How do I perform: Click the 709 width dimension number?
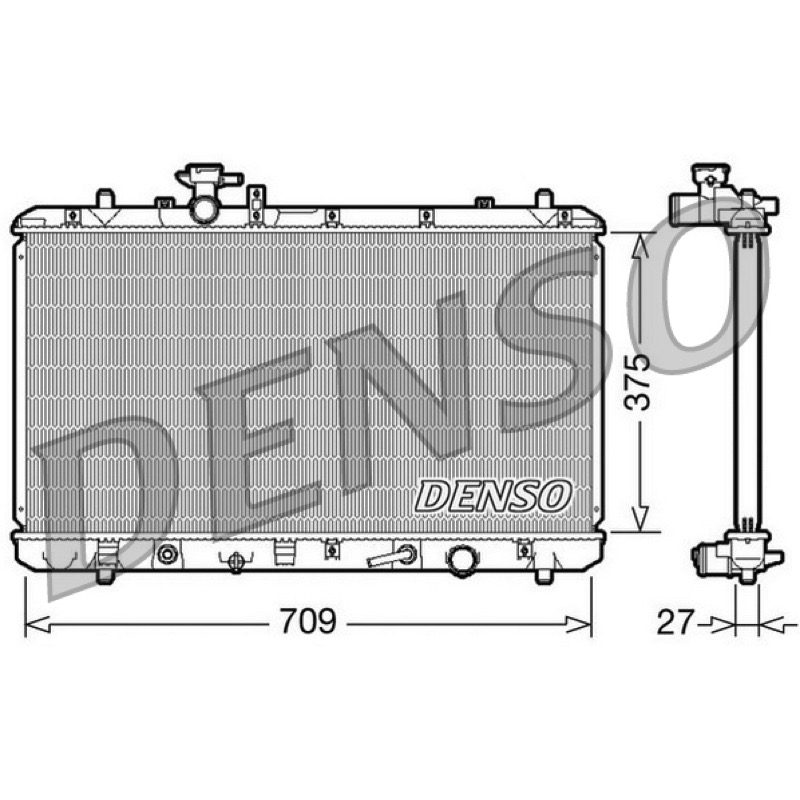click(309, 621)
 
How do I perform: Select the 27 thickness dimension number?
click(677, 622)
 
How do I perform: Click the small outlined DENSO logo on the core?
click(493, 495)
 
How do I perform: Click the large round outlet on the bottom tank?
click(462, 561)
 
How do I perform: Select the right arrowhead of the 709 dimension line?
click(579, 624)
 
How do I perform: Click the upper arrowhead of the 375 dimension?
click(640, 245)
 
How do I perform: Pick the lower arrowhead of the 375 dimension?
click(640, 518)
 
